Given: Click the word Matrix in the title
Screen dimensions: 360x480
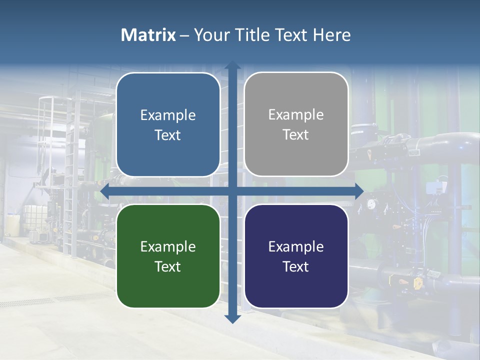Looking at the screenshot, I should (148, 35).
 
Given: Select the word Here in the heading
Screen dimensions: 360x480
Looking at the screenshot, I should (331, 35).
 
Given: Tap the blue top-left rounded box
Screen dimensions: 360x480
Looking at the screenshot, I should (168, 125).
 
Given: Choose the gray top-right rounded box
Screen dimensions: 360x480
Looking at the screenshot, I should (296, 124).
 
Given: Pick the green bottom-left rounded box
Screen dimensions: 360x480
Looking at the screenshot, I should (168, 256).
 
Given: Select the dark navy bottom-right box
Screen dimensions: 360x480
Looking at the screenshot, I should (296, 256).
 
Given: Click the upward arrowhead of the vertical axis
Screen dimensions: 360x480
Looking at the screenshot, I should (232, 65).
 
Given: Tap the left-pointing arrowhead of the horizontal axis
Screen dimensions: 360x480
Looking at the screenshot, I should (104, 191).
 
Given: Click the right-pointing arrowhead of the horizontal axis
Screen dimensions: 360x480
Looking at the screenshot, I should (358, 191).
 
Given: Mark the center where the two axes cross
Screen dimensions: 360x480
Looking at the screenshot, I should (232, 191).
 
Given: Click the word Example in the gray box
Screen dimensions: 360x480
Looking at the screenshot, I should (296, 115).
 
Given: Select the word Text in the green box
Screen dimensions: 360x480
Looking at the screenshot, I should (168, 266).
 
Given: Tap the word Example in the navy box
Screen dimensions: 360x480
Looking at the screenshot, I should (296, 246).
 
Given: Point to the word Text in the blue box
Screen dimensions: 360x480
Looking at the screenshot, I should (168, 135).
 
